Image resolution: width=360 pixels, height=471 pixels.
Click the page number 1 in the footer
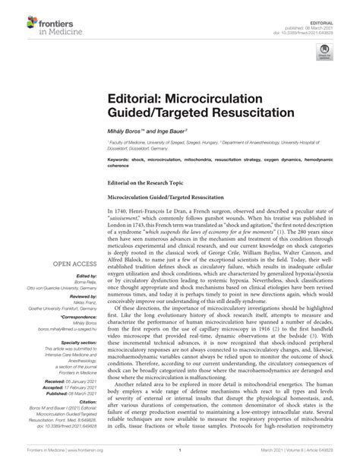click(x=179, y=460)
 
